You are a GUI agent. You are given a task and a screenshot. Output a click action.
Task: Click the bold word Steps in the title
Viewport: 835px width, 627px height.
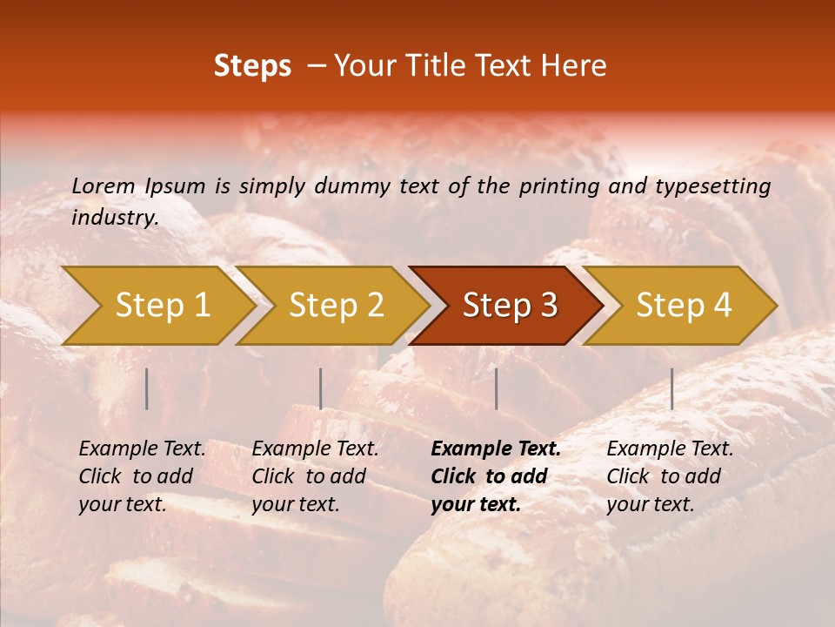(x=252, y=66)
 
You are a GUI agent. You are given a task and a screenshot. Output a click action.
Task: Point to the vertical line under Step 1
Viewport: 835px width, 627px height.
(x=147, y=388)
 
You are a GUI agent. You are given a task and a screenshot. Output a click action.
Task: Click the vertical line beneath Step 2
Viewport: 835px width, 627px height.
(x=321, y=388)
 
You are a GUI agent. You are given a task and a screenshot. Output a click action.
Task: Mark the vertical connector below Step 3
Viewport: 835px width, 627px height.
(x=496, y=388)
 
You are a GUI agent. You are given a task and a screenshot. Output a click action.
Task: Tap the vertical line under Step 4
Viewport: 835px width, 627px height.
(x=671, y=388)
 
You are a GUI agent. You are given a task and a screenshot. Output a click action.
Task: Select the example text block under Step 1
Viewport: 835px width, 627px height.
(x=142, y=476)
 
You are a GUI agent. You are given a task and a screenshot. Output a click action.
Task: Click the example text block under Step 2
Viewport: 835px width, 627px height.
(x=315, y=476)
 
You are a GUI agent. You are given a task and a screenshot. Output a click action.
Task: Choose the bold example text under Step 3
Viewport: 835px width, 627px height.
(x=496, y=476)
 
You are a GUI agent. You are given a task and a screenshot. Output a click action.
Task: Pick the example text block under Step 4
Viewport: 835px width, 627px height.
(x=670, y=476)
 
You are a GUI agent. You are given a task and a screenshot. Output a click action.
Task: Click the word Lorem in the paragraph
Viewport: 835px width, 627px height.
(x=104, y=186)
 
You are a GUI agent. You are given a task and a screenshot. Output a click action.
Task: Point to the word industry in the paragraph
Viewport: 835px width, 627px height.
(x=114, y=218)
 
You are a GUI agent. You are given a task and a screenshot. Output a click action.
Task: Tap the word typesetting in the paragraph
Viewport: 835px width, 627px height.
(x=712, y=186)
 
